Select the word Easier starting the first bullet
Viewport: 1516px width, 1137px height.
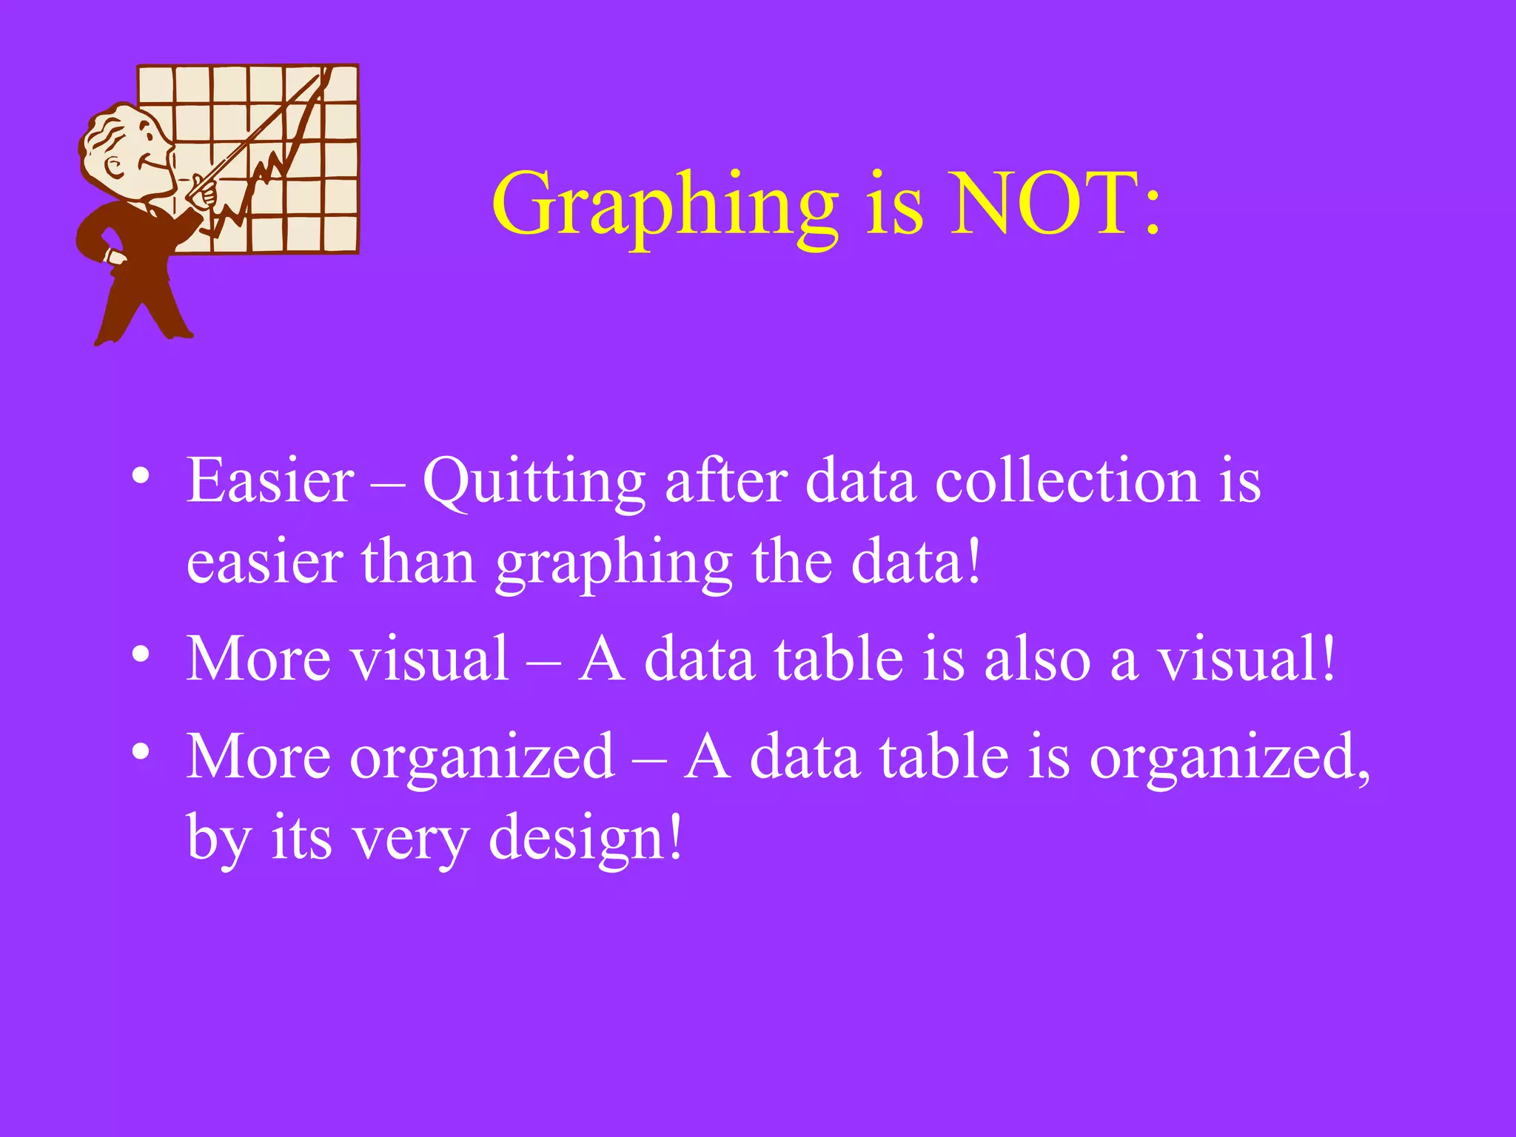point(270,481)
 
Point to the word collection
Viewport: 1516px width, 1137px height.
point(1067,481)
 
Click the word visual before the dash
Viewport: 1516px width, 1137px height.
point(429,658)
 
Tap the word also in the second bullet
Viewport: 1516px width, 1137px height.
point(1037,658)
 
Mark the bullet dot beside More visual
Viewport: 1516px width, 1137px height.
point(140,654)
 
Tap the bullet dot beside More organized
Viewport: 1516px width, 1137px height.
point(140,752)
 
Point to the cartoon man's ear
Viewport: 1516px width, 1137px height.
point(115,167)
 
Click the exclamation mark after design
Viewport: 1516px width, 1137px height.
point(674,836)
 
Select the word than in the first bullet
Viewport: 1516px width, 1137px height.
point(418,563)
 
